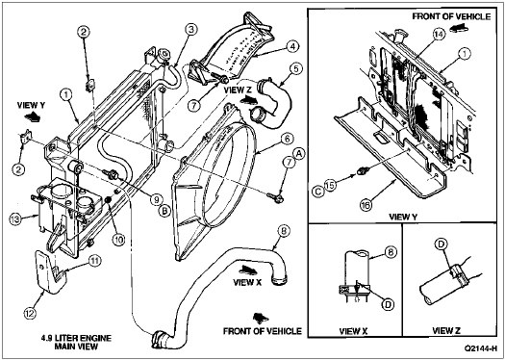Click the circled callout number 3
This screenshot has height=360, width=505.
pos(190,30)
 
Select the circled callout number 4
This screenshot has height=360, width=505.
pos(291,47)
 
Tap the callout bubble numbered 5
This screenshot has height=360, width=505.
pos(295,69)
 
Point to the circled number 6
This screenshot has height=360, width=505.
pos(288,141)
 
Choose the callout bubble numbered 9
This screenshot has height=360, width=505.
pos(156,200)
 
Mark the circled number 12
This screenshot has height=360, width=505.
pos(29,312)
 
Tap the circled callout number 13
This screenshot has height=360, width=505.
pos(15,219)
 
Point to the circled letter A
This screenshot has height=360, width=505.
pos(298,154)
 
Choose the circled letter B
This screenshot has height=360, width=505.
pos(164,211)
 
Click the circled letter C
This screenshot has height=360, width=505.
pos(318,192)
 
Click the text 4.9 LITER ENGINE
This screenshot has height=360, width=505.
pos(76,339)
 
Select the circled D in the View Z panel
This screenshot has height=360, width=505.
pos(441,244)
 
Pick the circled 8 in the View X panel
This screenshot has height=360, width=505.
pos(391,251)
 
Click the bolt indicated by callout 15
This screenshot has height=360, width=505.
pos(361,171)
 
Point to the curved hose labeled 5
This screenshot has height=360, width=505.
pos(274,101)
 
